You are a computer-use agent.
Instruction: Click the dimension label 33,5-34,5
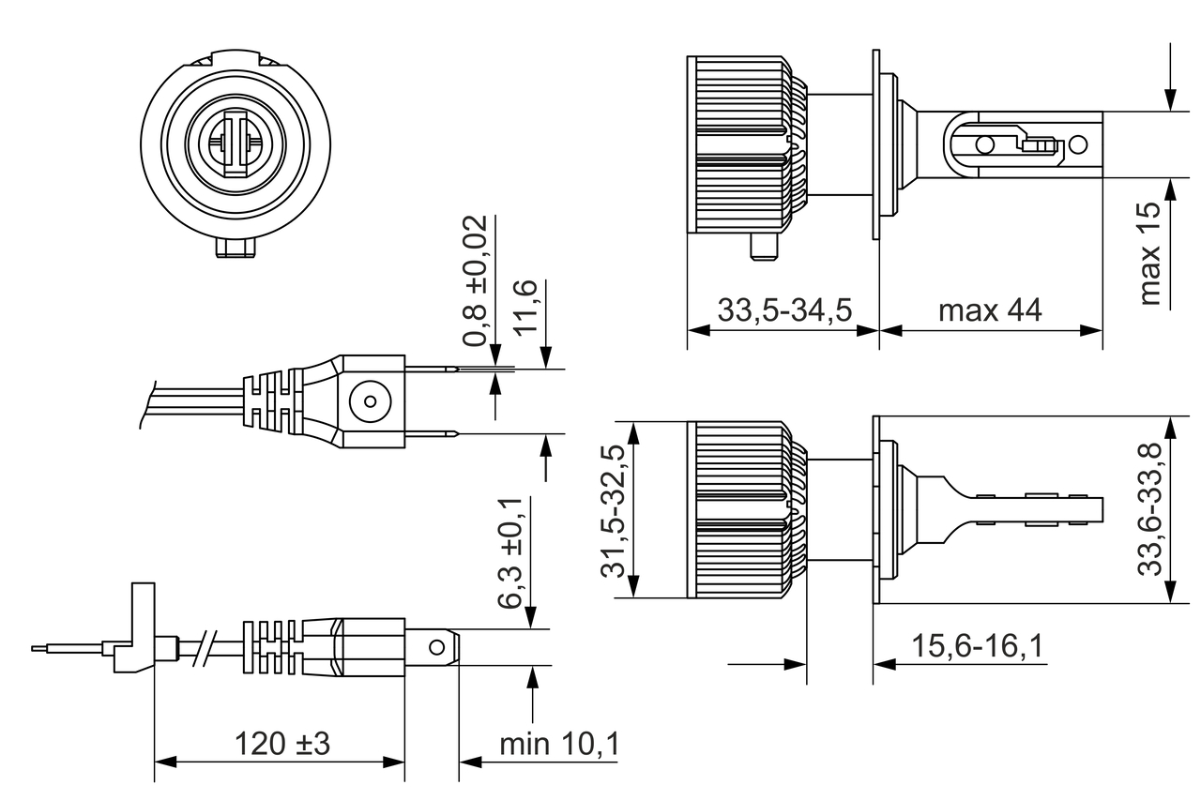click(x=784, y=310)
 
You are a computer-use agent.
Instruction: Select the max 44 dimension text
click(x=990, y=310)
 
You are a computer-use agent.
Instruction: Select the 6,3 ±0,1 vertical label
click(x=514, y=553)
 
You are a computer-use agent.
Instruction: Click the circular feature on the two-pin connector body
click(x=367, y=402)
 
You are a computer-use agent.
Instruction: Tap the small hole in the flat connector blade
click(x=436, y=647)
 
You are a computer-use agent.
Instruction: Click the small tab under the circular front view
click(x=235, y=249)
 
